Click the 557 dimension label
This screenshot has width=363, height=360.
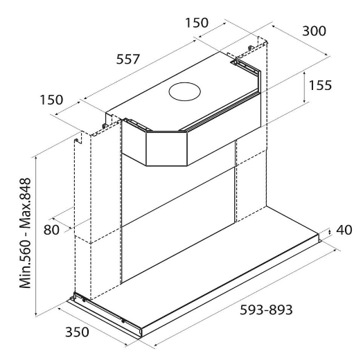click(128, 60)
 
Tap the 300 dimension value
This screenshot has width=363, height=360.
click(314, 31)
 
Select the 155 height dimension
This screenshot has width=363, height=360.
click(320, 85)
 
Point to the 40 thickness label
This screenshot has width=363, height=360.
click(344, 230)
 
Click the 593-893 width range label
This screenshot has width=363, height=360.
click(266, 309)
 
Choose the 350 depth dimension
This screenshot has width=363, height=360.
click(77, 332)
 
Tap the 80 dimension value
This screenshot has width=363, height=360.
click(51, 230)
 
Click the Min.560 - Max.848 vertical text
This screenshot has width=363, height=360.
click(25, 233)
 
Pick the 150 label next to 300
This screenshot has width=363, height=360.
click(197, 23)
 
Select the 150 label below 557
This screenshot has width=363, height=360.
click(51, 100)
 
